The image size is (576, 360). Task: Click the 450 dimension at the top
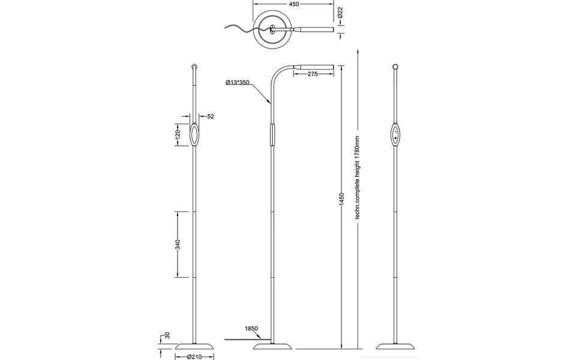click(293, 4)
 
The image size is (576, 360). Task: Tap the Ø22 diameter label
click(340, 13)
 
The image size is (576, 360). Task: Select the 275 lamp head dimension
click(313, 73)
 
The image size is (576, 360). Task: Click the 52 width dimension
click(211, 116)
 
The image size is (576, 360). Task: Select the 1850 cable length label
click(251, 329)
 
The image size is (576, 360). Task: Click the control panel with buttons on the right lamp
click(395, 134)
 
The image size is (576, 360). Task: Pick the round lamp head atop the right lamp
click(395, 66)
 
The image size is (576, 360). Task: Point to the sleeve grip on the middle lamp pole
click(273, 134)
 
